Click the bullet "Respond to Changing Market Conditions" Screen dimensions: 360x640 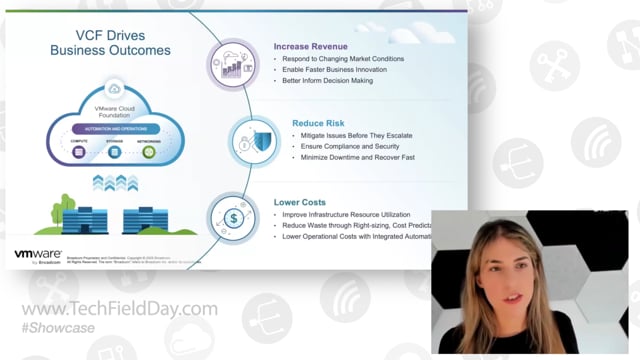[x=348, y=60]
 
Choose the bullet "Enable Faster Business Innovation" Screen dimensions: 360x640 [x=342, y=71]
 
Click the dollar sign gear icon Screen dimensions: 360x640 [x=233, y=217]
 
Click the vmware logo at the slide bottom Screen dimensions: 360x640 [x=36, y=257]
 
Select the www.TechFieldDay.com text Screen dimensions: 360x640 [x=119, y=308]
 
